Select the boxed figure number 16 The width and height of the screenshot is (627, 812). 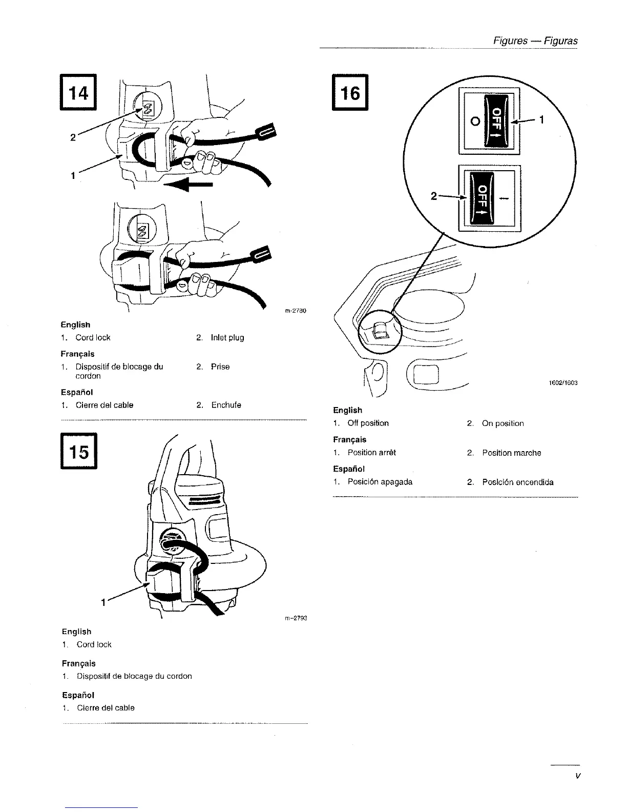(350, 93)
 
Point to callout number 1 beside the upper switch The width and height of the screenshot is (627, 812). (541, 120)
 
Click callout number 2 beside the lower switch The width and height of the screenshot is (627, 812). (433, 196)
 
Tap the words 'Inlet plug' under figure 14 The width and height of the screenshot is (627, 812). (227, 337)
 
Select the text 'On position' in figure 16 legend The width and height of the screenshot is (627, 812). (503, 423)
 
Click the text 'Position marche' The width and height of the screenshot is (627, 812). (511, 453)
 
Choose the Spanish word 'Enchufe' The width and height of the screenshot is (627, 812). (226, 405)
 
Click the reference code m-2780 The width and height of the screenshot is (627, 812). (295, 311)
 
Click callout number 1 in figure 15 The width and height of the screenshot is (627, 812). (103, 602)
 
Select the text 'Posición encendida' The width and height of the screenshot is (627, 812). (517, 482)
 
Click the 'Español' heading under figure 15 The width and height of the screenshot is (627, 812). (78, 695)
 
